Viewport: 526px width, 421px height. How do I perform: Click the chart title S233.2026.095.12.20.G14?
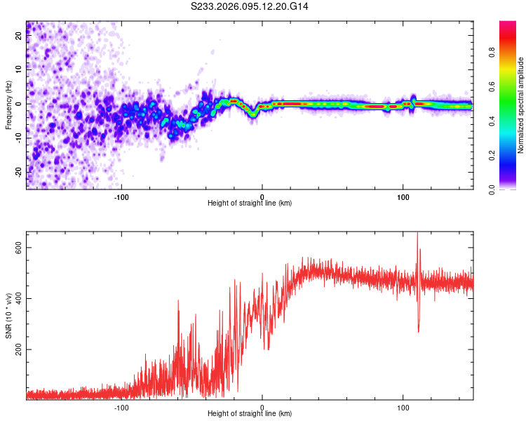250,6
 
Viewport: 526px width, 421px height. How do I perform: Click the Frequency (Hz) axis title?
8,105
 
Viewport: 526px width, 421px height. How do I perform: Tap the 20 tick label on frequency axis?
19,36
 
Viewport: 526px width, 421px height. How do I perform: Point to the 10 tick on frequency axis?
19,70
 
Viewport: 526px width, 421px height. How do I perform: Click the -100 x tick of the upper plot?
121,196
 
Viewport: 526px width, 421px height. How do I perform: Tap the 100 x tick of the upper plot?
403,196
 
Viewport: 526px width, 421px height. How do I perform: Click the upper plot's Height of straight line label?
250,203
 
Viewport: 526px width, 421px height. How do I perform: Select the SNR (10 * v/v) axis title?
8,319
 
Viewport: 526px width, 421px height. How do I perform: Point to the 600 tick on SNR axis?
19,248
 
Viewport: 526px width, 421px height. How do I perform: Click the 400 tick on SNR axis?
19,298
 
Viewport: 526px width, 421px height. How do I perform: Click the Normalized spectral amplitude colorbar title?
521,105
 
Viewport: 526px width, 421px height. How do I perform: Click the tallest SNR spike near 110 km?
418,235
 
